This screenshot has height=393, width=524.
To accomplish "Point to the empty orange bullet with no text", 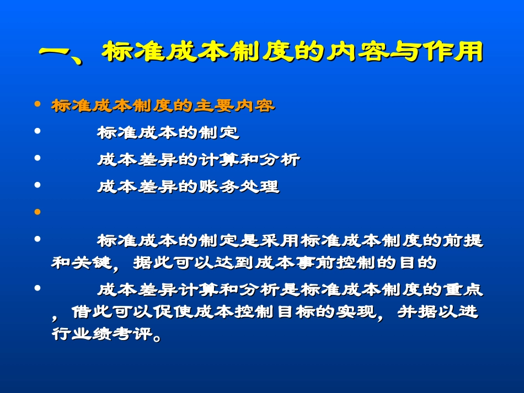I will tap(38, 212).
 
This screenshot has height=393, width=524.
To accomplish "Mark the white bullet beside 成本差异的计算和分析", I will tap(38, 158).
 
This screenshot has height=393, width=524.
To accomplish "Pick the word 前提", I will tap(466, 241).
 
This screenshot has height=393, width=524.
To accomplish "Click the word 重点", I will tap(466, 290).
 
